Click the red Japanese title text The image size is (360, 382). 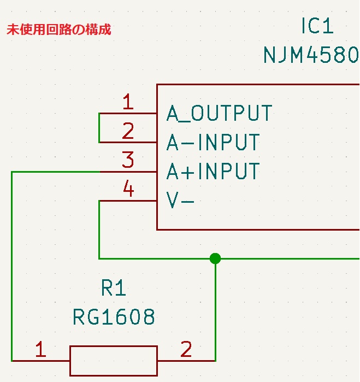58,30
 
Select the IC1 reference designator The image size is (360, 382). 317,26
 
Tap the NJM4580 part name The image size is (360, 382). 311,55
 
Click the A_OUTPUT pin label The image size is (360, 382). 219,114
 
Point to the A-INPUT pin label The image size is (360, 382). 213,143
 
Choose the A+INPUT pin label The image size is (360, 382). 213,172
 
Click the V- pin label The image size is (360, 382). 180,201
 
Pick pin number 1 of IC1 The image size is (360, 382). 128,102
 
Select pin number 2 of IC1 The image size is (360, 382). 128,131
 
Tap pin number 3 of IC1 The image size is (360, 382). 128,161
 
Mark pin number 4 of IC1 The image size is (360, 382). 128,190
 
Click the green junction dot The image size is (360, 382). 215,258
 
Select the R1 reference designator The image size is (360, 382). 114,288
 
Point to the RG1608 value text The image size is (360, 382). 114,317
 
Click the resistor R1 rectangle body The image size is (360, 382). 114,361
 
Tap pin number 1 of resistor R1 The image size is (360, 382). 40,349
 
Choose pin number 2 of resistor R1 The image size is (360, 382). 186,349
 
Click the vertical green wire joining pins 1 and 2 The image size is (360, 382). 99,128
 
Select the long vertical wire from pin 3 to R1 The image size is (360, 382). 11,268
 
